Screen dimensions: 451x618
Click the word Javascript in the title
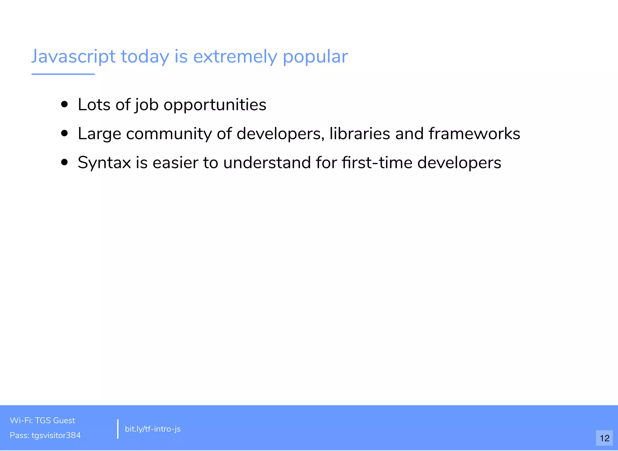(x=73, y=57)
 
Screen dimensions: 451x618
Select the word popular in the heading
(x=315, y=57)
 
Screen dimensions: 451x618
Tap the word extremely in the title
(x=235, y=57)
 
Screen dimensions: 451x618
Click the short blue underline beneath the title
(x=63, y=74)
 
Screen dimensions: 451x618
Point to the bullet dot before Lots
(x=64, y=104)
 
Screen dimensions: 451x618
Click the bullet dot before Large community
(x=64, y=133)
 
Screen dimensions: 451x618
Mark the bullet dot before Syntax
(x=64, y=162)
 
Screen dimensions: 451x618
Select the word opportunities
(x=215, y=105)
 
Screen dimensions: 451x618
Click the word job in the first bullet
(x=147, y=105)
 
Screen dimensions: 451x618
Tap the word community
(x=169, y=134)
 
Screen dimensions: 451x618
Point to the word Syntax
(x=104, y=163)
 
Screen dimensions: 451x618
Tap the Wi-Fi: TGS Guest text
(x=42, y=421)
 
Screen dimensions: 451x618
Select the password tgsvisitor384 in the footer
(x=56, y=435)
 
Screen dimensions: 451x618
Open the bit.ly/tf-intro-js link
(x=153, y=429)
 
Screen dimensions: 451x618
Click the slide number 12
(x=604, y=438)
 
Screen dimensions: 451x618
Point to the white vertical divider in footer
(x=118, y=429)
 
